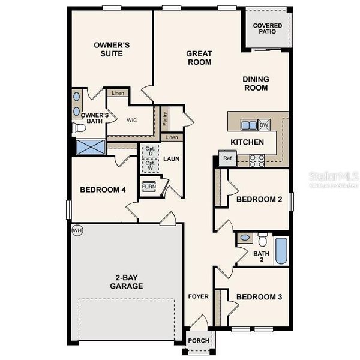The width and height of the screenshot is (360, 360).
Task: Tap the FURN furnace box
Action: tap(148, 186)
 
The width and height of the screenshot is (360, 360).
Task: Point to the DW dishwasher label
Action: tap(264, 125)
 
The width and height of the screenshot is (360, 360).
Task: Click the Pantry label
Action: tap(165, 118)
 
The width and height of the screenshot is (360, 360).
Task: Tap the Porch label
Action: tap(199, 341)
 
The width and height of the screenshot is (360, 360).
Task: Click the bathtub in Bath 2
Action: tap(281, 251)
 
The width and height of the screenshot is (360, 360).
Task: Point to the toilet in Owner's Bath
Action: tap(77, 128)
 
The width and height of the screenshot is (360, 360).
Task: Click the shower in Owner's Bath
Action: tap(89, 146)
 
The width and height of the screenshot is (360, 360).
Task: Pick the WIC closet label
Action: tap(133, 119)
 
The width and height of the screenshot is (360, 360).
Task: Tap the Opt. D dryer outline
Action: tap(149, 152)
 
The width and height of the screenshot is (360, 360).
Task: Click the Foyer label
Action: tap(198, 296)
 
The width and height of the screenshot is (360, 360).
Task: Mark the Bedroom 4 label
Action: tap(103, 190)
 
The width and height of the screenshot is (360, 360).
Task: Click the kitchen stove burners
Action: tap(257, 160)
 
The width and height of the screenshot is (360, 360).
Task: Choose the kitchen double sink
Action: tap(248, 125)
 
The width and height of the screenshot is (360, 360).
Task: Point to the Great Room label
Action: tap(199, 57)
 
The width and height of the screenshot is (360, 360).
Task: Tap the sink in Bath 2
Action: tap(244, 238)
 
